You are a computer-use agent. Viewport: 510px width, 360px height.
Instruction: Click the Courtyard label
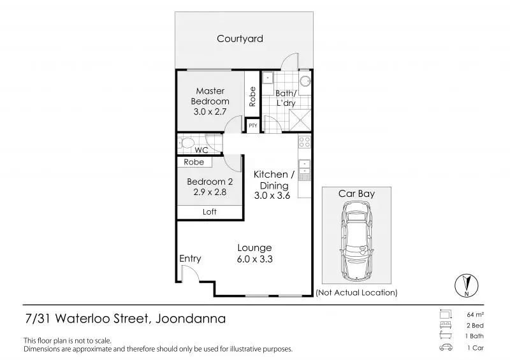[240, 39]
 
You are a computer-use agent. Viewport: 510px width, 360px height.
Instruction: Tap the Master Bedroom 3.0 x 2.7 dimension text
[210, 112]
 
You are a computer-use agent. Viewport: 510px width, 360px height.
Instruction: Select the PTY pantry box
[252, 125]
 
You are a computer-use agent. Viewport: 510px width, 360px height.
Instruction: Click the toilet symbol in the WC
[186, 143]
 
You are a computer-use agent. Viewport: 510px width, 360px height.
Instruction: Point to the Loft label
[210, 212]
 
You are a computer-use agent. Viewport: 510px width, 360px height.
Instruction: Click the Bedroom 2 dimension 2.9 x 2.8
[210, 192]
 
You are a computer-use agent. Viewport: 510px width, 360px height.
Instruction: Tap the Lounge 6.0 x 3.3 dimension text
[254, 259]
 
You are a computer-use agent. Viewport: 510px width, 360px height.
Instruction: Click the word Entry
[190, 259]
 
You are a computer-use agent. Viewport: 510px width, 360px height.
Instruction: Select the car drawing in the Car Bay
[357, 241]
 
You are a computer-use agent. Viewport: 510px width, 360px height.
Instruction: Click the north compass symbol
[467, 285]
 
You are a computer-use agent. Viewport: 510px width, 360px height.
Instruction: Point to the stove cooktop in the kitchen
[305, 142]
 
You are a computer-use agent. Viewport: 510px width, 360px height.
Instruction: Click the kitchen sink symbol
[305, 167]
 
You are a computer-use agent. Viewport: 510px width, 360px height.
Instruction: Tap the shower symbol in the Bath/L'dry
[300, 120]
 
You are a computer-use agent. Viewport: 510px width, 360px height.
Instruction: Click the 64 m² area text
[475, 315]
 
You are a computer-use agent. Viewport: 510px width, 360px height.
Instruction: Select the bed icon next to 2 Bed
[446, 325]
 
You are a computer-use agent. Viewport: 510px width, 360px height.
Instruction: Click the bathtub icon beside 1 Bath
[446, 336]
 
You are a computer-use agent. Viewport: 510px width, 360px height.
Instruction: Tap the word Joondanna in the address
[191, 318]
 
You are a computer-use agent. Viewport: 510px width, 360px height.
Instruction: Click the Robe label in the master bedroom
[252, 96]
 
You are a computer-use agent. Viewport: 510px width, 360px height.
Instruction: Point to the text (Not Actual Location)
[356, 292]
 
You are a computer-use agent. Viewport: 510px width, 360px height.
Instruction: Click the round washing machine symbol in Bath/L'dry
[305, 82]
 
